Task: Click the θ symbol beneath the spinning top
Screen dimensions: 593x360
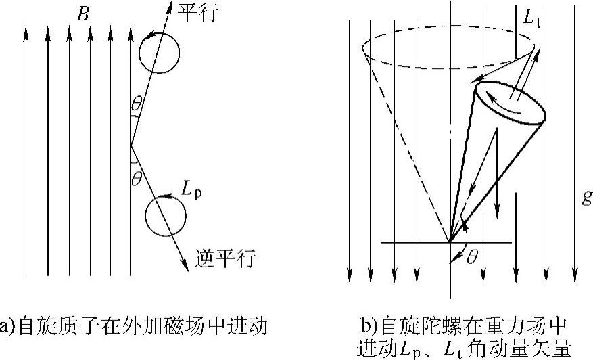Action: [x=473, y=258]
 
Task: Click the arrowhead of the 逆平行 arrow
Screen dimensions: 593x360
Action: [x=186, y=269]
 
